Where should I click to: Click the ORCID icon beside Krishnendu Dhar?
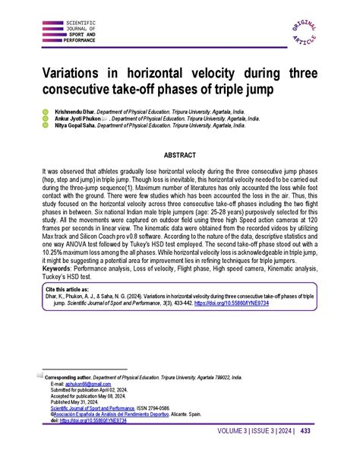point(44,111)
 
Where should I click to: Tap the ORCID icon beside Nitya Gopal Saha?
point(44,126)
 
